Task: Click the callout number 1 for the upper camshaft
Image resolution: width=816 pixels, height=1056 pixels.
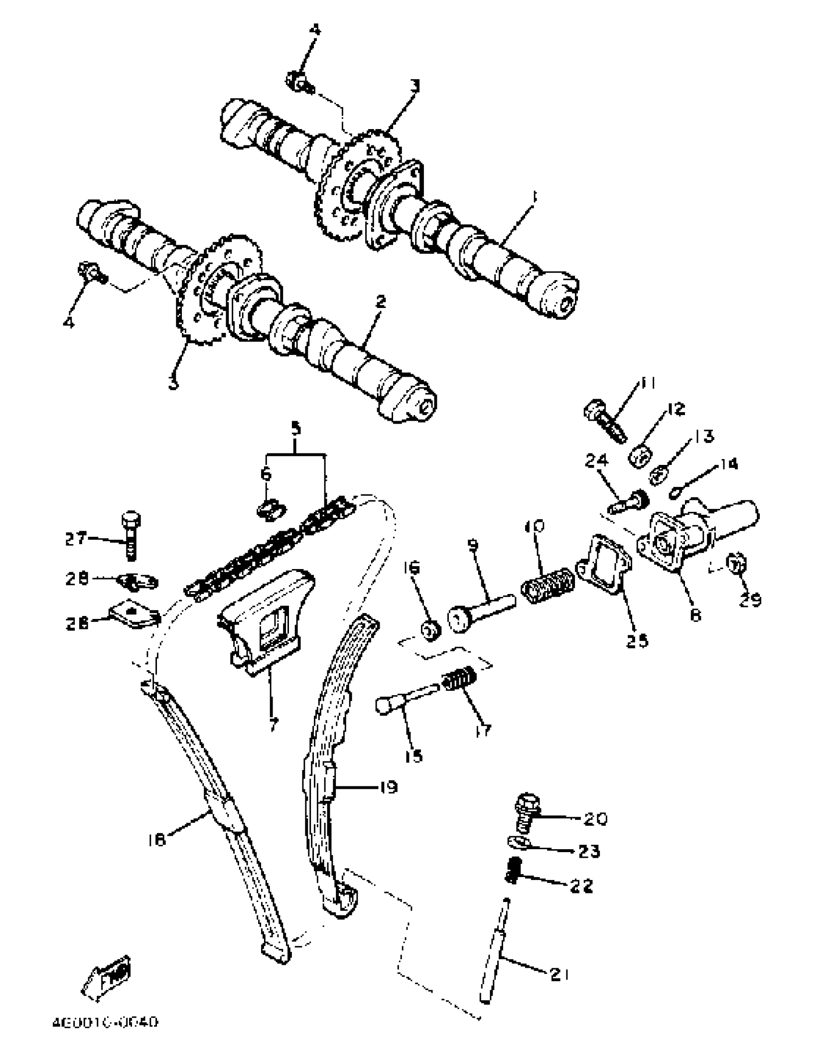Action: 535,197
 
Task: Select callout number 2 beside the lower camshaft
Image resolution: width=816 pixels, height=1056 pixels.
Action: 381,303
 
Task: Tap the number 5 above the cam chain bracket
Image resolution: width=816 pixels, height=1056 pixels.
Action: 296,428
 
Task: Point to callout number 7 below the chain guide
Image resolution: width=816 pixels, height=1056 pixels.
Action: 274,724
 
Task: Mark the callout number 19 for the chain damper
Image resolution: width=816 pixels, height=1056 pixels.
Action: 387,787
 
